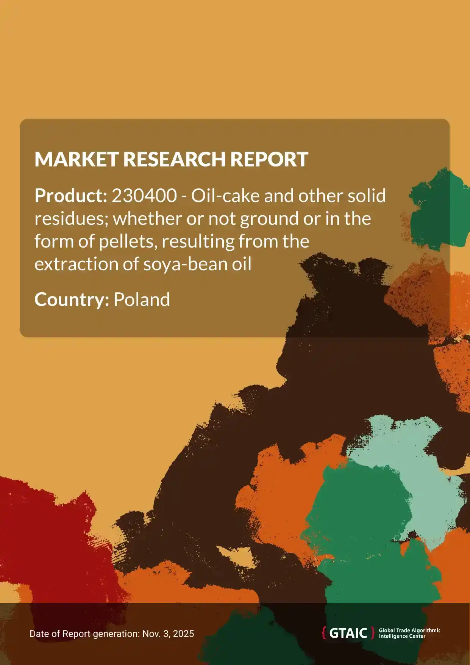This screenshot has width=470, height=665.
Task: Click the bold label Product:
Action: [71, 196]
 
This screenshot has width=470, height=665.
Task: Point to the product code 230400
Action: [144, 196]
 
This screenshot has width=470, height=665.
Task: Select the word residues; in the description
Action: [71, 219]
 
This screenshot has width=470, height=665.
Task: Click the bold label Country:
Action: [72, 300]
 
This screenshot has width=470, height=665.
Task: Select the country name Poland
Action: [142, 300]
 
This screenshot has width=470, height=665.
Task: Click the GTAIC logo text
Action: [348, 633]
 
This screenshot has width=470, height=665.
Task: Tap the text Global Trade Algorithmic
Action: [409, 630]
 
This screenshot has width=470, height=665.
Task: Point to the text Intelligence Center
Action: [402, 636]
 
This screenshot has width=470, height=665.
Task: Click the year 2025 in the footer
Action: [184, 634]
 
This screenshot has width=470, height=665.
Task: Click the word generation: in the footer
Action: [116, 634]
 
